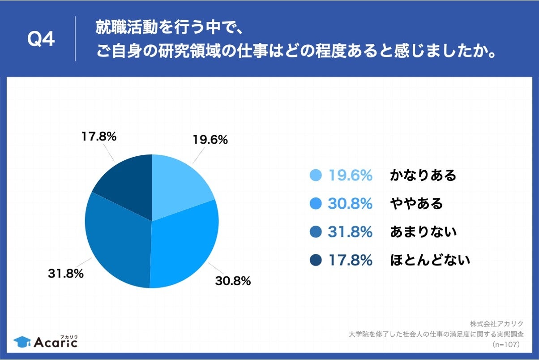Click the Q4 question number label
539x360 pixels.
point(41,40)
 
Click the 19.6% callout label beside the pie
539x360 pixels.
point(210,140)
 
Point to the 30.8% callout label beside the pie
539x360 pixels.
point(233,281)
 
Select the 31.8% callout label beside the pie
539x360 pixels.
point(66,274)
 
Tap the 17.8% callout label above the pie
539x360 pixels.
point(99,137)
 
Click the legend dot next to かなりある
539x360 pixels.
point(316,176)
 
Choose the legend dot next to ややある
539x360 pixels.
point(316,204)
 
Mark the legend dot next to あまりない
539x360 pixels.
point(316,232)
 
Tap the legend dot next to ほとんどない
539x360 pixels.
point(316,260)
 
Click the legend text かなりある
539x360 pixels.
point(423,176)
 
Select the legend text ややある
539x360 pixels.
point(416,204)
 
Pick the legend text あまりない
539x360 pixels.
point(423,232)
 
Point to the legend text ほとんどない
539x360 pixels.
point(430,260)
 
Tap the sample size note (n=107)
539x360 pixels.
point(505,344)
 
